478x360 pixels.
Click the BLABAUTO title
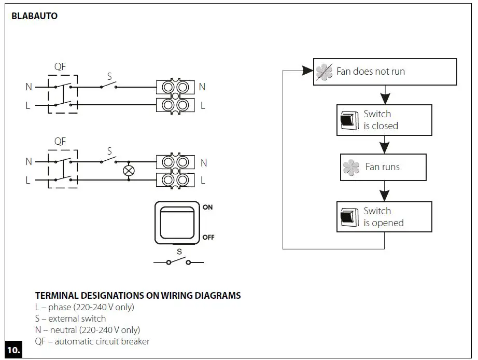click(34, 16)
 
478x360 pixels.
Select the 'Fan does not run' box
click(385, 72)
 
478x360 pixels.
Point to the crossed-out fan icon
click(325, 72)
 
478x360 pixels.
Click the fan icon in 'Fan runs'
click(351, 168)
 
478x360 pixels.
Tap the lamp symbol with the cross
click(128, 171)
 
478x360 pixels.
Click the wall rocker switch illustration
click(176, 223)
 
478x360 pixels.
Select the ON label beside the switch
click(208, 207)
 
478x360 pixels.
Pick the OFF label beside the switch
click(208, 237)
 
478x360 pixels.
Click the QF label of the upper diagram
click(60, 67)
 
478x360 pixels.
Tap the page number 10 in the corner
click(13, 350)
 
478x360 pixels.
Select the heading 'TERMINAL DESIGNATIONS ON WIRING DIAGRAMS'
click(138, 296)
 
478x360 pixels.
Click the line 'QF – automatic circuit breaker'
click(92, 341)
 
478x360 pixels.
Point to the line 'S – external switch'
click(71, 319)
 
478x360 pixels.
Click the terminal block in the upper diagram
click(175, 96)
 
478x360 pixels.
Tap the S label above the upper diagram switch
click(109, 76)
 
